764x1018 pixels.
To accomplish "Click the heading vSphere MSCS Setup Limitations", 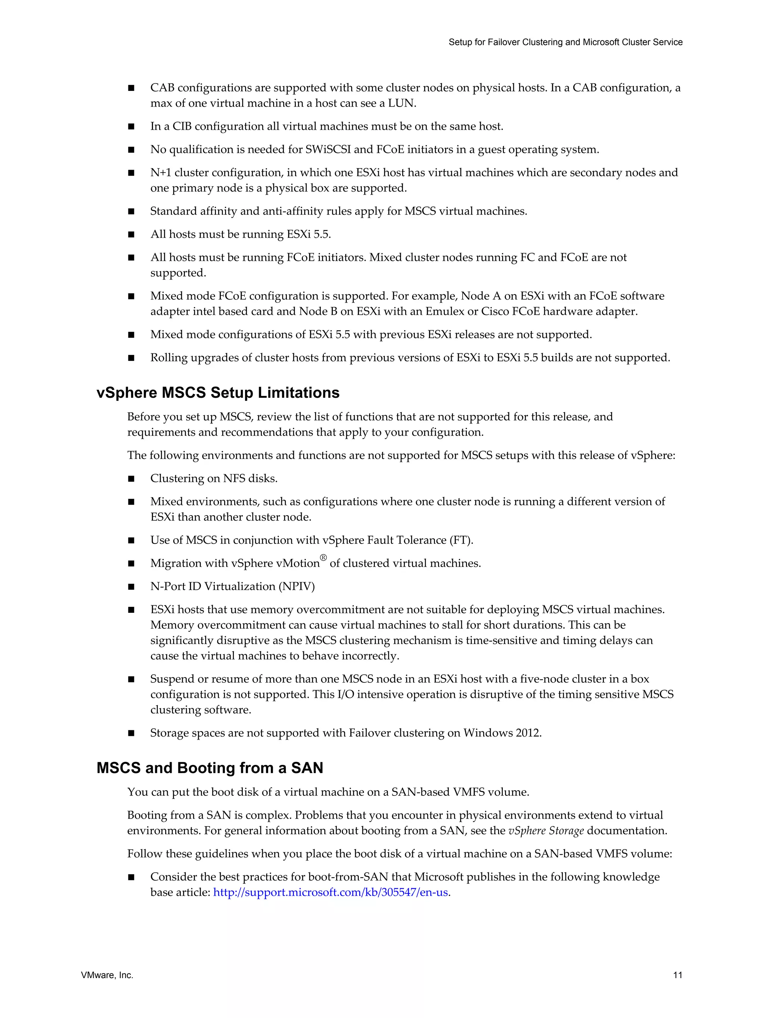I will tap(218, 393).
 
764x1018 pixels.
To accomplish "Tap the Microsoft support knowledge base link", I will tap(330, 892).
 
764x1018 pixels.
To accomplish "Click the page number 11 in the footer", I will tap(677, 975).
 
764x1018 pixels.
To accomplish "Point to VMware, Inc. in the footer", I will tap(107, 975).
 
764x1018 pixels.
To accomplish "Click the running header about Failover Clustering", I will tap(565, 42).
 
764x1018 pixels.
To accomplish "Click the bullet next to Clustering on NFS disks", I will tap(131, 479).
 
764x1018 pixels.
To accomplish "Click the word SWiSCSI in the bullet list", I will tap(328, 149).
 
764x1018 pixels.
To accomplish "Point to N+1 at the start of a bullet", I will tap(161, 173).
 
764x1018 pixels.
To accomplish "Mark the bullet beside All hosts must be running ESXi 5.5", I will tap(131, 235).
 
